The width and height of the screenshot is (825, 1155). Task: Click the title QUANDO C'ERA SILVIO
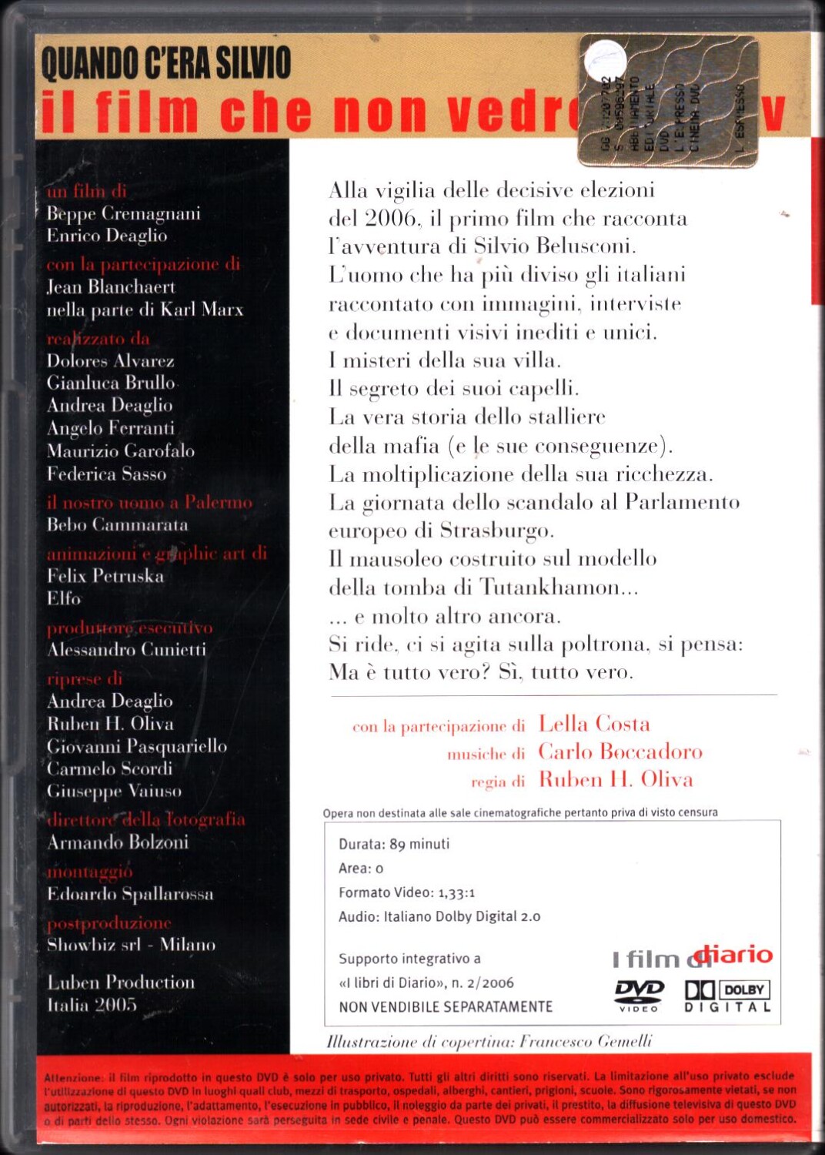pos(166,63)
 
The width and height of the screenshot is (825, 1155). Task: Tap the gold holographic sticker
pos(668,101)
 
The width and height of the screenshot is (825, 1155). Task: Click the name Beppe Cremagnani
pos(123,213)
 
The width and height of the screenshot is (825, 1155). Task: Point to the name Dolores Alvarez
pos(110,360)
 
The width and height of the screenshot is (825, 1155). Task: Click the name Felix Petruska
pos(105,576)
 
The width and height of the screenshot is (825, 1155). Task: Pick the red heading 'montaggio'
pos(90,872)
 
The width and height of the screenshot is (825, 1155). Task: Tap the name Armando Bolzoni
pos(117,842)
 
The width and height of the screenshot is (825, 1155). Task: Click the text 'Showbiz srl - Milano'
pos(131,945)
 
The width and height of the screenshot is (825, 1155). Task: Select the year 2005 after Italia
pos(116,1005)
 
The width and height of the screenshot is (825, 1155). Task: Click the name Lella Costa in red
pos(593,724)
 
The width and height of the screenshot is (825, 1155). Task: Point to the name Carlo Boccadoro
pos(620,752)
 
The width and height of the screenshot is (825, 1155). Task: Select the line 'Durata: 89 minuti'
pos(394,844)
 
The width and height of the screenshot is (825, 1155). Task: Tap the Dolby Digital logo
pos(727,995)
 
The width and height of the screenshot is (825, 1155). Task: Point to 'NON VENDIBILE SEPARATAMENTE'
pos(446,1007)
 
